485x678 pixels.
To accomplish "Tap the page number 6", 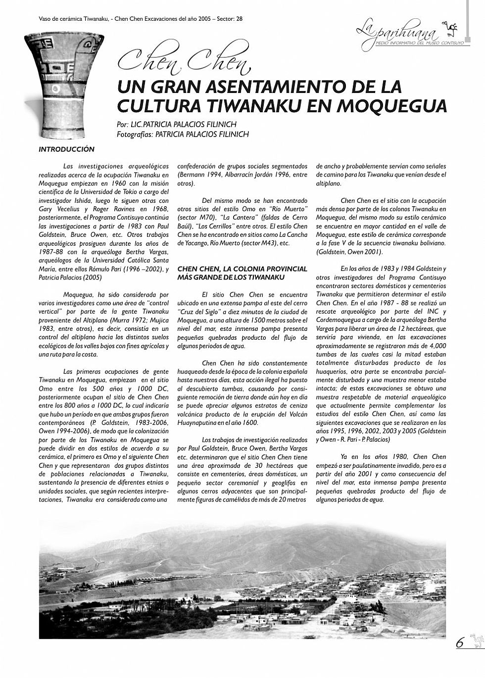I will coord(460,643).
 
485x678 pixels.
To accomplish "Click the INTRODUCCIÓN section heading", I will coord(66,149).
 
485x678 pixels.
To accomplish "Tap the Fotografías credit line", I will coord(183,134).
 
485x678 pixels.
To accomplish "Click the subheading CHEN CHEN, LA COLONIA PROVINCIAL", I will coord(242,269).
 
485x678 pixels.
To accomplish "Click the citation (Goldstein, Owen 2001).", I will coord(349,252).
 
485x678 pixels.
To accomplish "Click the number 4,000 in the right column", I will coord(436,347).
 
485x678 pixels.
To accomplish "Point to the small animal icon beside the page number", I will coord(476,638).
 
